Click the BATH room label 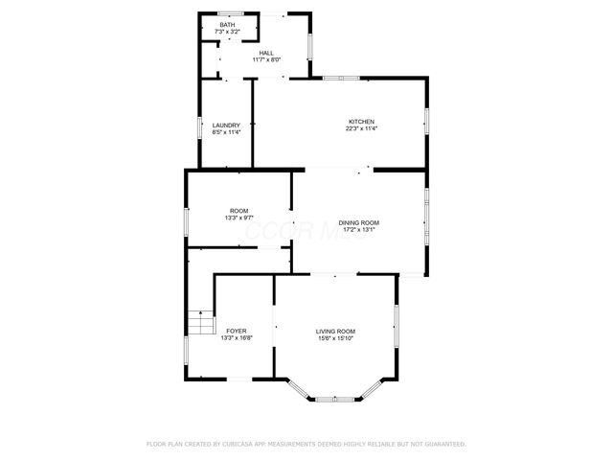[x=227, y=25]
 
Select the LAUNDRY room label [x=226, y=125]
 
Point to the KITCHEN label [x=361, y=122]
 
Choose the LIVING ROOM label [x=335, y=332]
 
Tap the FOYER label [x=236, y=332]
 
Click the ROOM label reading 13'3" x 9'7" [x=238, y=211]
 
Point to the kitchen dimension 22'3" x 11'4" [x=361, y=129]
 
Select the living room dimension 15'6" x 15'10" [x=335, y=338]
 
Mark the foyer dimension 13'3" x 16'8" [x=236, y=338]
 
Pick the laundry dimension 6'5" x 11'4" [x=226, y=132]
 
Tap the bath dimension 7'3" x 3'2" [x=227, y=33]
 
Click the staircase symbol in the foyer [x=199, y=323]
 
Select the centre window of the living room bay [x=335, y=397]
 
